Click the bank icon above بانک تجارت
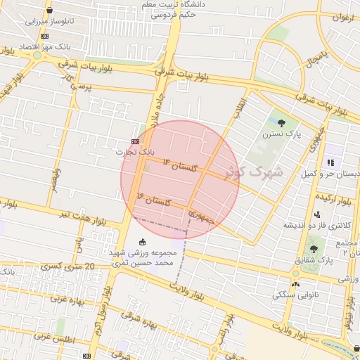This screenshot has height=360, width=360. click(x=135, y=141)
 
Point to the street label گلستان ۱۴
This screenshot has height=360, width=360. click(x=178, y=165)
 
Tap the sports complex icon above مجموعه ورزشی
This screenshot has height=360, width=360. click(x=144, y=241)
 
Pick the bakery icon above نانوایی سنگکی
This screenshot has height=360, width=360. click(x=295, y=284)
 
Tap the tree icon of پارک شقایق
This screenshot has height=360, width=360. click(x=314, y=249)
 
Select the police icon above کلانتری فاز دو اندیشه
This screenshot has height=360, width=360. click(x=318, y=214)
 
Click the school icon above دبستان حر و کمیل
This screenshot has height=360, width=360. click(x=329, y=162)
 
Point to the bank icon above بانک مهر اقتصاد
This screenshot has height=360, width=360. click(x=45, y=36)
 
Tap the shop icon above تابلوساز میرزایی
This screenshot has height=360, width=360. click(x=49, y=11)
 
